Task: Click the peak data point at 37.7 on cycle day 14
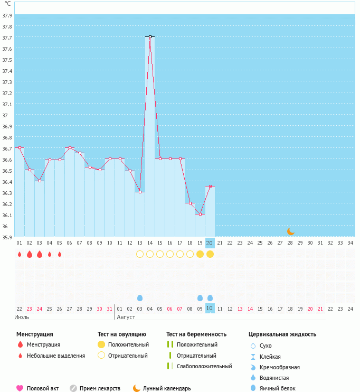150,37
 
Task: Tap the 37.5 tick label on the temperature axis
7,60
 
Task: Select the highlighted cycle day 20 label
210,242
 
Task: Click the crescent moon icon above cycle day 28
290,231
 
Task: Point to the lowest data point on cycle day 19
200,214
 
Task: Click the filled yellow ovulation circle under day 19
200,254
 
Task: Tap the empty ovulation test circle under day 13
140,254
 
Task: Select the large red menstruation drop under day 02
30,254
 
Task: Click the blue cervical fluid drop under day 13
140,298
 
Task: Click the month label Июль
21,317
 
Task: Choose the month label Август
126,317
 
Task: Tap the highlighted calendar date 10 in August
210,308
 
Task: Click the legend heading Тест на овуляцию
121,334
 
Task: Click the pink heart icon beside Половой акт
20,388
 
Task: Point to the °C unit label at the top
7,4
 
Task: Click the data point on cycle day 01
20,147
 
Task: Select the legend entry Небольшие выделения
56,356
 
